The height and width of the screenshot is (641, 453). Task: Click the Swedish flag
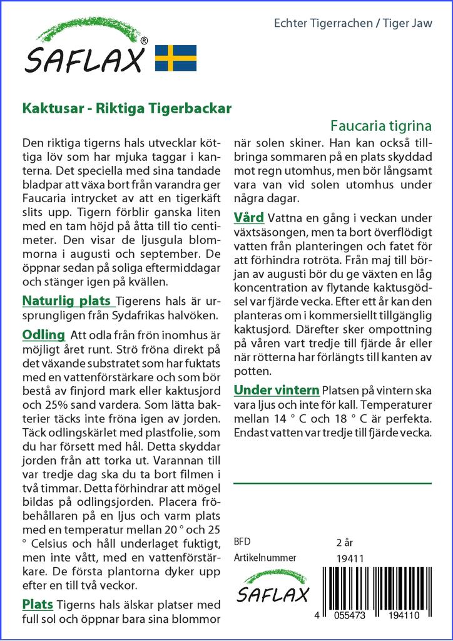(176, 58)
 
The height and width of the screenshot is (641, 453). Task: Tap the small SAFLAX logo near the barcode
(273, 587)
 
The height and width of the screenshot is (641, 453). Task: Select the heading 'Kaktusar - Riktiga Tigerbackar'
(127, 107)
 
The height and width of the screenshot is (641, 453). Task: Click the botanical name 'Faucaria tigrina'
(381, 125)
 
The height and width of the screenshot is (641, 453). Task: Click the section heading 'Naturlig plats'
(67, 300)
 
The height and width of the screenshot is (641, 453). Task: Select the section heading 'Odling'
(44, 334)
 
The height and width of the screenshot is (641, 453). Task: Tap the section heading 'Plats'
(38, 605)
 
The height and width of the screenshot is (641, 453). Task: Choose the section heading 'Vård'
(248, 218)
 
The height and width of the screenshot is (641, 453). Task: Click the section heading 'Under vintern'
(277, 390)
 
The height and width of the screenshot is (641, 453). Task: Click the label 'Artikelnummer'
(265, 558)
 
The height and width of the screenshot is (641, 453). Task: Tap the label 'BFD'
(242, 541)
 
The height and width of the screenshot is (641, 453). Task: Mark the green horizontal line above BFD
(332, 483)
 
